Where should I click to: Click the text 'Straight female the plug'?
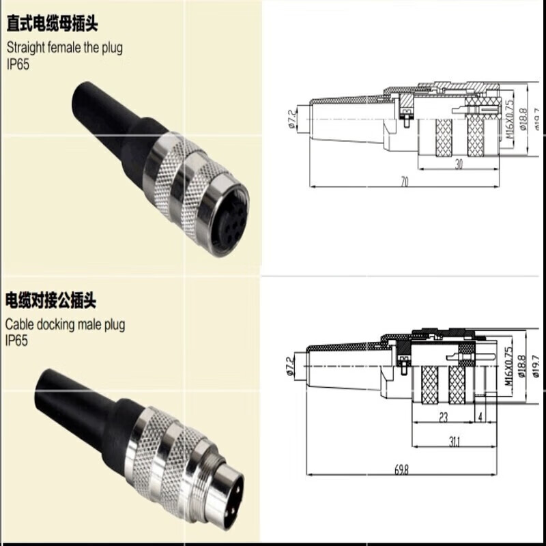pos(65,48)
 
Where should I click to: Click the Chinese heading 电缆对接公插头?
pos(53,300)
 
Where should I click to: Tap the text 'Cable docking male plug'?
pos(66,324)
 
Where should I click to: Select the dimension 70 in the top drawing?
pos(404,182)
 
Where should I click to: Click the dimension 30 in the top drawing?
pos(459,164)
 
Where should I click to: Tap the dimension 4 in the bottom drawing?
pos(482,416)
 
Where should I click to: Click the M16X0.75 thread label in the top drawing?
pos(508,118)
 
